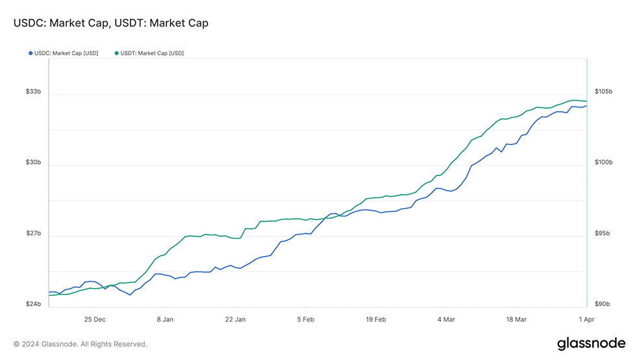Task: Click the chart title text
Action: [x=110, y=23]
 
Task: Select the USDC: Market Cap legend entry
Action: [x=66, y=53]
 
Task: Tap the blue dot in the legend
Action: [x=31, y=53]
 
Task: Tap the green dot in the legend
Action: [x=116, y=53]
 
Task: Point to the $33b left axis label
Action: [x=33, y=92]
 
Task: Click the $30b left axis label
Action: [x=33, y=162]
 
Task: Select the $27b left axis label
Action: [x=33, y=233]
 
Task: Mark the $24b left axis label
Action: [x=33, y=304]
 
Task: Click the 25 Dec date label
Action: [x=95, y=319]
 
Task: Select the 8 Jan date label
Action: [x=165, y=319]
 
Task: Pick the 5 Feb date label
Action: [x=305, y=319]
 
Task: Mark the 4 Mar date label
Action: [x=446, y=319]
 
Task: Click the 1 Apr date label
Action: [x=587, y=319]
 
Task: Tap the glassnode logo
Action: [x=591, y=343]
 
